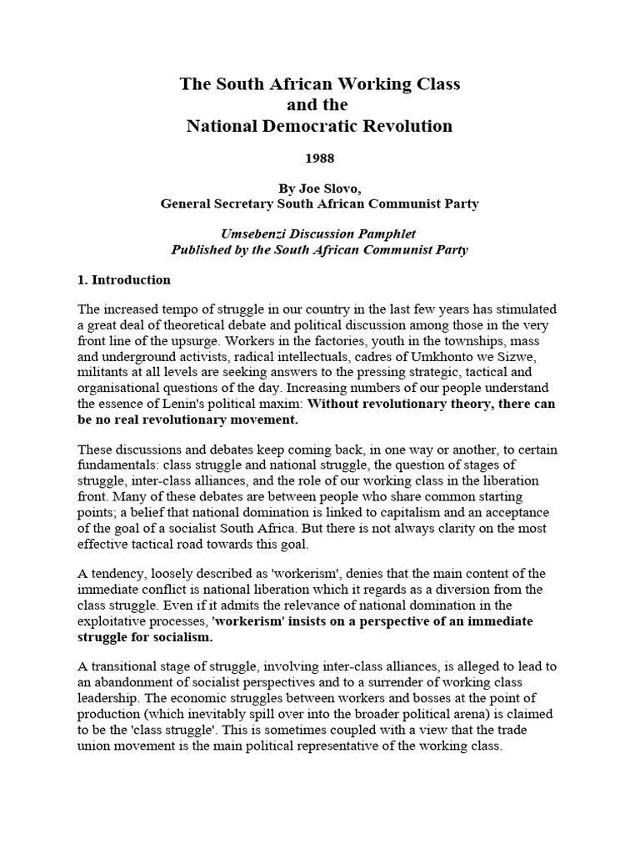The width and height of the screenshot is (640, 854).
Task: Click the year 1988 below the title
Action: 321,158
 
